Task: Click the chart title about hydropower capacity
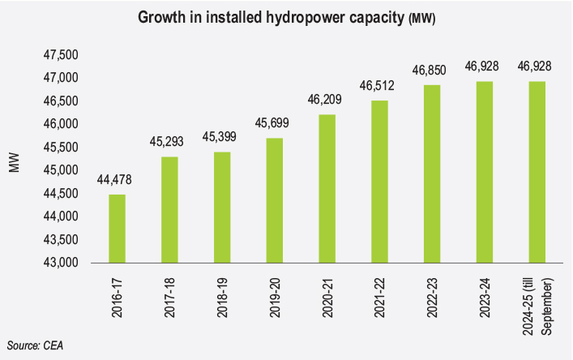[x=286, y=18]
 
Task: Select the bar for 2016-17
[x=117, y=229]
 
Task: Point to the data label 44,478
[x=117, y=181]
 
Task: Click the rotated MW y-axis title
[x=14, y=161]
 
